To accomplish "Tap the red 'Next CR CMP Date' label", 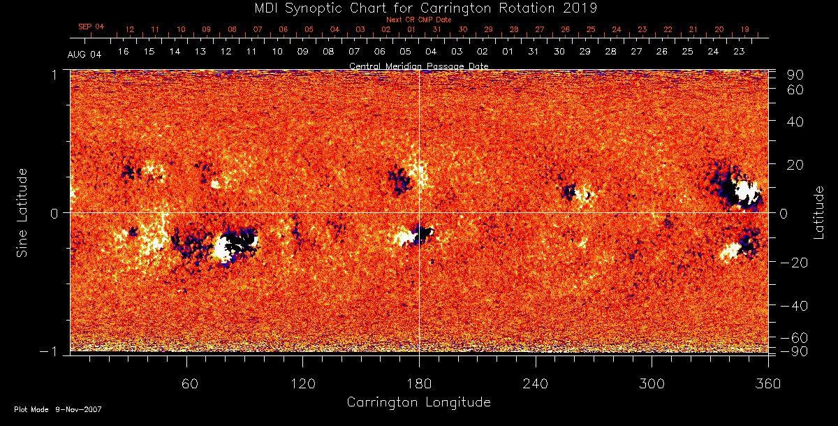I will pos(419,20).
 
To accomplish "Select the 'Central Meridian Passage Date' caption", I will pos(419,66).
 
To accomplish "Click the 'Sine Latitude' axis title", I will pos(22,212).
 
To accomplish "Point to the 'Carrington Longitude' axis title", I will pos(419,402).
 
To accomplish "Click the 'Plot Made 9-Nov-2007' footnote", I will pos(58,409).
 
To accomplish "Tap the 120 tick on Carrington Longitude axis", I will pos(303,383).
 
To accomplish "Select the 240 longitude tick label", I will pos(535,383).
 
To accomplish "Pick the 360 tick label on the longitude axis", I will pos(768,383).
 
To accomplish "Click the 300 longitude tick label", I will pos(652,383).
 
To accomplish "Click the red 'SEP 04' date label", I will pos(91,27).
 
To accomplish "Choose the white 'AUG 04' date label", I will pos(84,54).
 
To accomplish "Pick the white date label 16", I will pos(124,52).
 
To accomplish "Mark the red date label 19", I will pos(745,29).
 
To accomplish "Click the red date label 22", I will pos(668,29).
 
